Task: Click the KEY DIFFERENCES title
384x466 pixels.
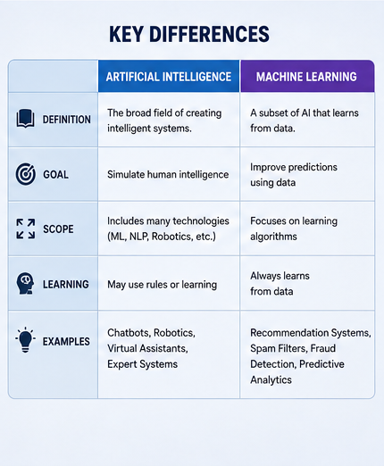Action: (x=189, y=34)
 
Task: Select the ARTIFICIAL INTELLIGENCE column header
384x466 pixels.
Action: (x=169, y=77)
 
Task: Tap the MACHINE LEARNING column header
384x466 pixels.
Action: (x=306, y=77)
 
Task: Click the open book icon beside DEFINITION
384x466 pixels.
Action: (x=25, y=119)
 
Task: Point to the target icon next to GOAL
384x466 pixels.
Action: (x=26, y=174)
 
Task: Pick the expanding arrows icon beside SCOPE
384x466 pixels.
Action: (x=26, y=229)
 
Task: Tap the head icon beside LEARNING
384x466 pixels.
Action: (x=25, y=284)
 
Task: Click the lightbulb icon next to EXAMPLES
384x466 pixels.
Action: (x=25, y=340)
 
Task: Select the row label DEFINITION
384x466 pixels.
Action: (x=67, y=120)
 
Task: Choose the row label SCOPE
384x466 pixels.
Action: (x=58, y=229)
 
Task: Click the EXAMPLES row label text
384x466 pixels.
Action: (x=66, y=342)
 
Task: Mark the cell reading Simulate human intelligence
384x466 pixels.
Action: (x=168, y=175)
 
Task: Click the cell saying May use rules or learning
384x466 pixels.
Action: (x=162, y=285)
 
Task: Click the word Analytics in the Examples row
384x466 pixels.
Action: (x=271, y=380)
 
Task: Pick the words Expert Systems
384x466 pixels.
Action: (x=142, y=364)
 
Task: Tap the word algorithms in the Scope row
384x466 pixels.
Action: (x=273, y=237)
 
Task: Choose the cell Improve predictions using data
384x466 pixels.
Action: (x=294, y=175)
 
